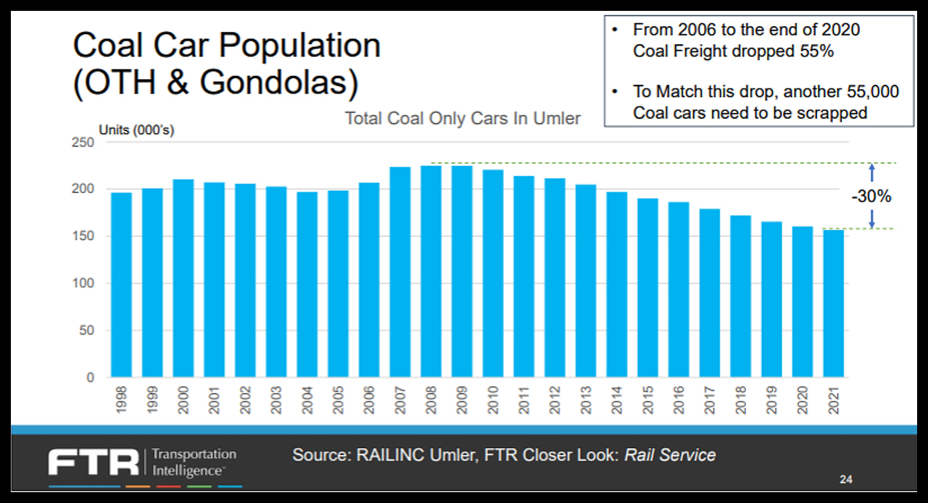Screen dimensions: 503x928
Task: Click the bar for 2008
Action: (431, 272)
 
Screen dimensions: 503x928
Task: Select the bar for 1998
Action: (122, 285)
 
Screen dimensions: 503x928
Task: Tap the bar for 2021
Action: (834, 304)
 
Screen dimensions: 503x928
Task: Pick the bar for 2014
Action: (617, 285)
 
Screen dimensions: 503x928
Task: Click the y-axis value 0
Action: (90, 378)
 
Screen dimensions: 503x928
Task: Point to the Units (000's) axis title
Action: (136, 130)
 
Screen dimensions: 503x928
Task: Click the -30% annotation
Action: (871, 196)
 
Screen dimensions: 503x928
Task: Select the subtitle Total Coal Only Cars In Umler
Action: (463, 118)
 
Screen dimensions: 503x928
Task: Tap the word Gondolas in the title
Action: (273, 83)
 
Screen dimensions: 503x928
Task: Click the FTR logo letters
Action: (94, 462)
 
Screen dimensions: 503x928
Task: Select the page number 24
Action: (846, 479)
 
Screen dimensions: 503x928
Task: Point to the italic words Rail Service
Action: (670, 455)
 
